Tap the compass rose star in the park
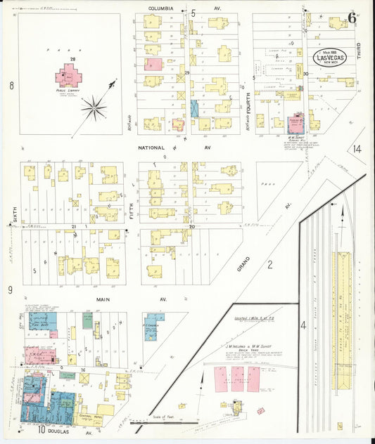(x=93, y=107)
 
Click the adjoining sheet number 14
(x=357, y=149)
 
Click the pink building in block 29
(x=153, y=64)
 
